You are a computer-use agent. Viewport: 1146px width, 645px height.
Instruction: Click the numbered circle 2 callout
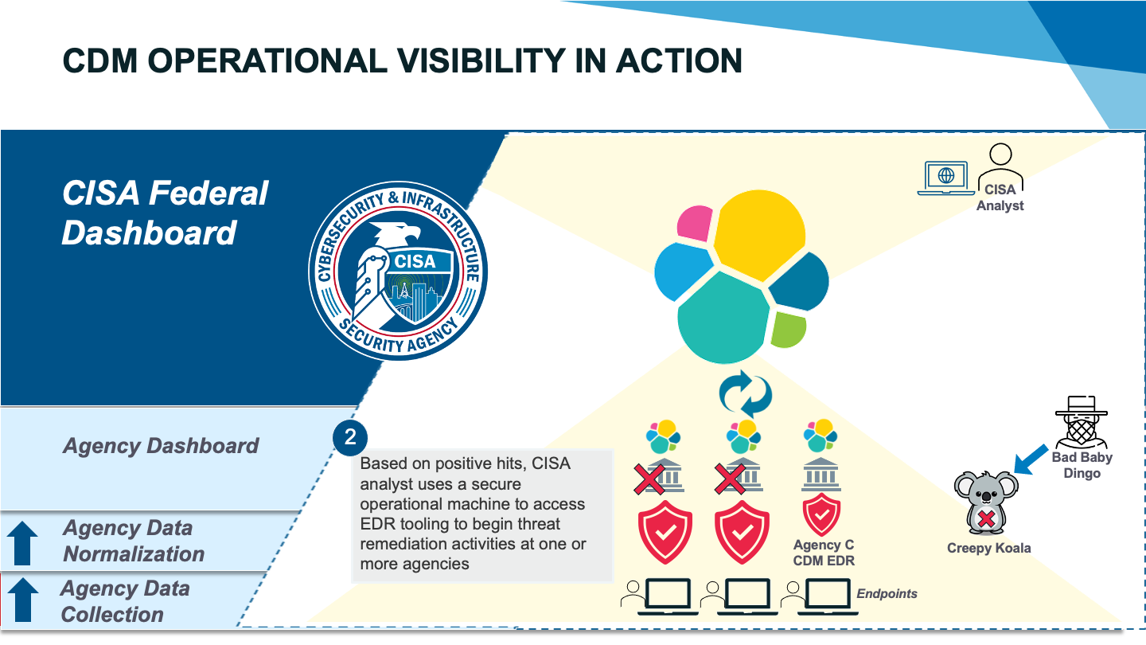350,438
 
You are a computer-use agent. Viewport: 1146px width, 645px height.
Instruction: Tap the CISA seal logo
398,271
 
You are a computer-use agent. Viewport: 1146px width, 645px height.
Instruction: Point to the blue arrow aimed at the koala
1031,459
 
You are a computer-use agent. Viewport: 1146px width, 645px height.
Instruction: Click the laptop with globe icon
946,178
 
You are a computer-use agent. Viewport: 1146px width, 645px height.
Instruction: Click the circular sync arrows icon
746,394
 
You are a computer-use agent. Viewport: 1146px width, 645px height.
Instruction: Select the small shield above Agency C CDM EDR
821,514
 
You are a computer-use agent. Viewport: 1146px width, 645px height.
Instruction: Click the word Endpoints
887,593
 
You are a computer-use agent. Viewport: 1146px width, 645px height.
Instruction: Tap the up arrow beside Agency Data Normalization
22,543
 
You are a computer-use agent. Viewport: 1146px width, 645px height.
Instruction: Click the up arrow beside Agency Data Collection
23,600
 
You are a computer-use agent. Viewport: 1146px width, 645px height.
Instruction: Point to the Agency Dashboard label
161,445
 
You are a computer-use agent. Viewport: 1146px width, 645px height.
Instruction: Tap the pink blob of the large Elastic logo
694,223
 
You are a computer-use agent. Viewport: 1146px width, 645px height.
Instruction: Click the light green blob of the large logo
789,330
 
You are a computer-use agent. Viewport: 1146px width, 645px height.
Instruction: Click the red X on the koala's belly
986,519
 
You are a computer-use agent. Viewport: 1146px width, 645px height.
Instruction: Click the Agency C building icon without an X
821,474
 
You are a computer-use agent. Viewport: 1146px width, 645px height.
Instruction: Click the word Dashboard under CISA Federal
149,233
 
